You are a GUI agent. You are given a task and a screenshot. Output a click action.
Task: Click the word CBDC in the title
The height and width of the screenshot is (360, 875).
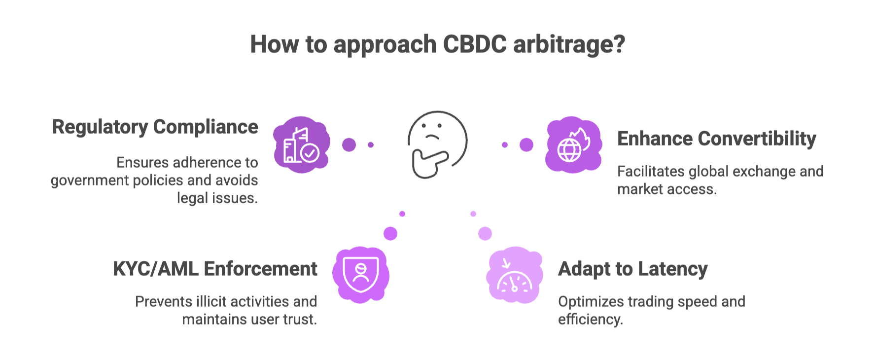coord(474,44)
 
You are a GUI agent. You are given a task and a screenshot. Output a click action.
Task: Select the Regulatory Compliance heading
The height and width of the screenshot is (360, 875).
coord(155,127)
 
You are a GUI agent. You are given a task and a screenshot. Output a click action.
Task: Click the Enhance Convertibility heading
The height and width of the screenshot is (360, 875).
coord(716,139)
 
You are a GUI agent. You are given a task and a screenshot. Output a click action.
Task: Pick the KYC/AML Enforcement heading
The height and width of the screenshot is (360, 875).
coord(215,269)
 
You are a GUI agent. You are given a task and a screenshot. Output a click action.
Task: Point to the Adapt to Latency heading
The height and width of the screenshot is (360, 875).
coord(632,269)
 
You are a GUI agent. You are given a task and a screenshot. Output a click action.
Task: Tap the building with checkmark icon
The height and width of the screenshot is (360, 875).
coord(301,145)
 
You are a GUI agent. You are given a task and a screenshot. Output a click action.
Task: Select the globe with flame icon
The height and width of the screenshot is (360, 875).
coord(573,144)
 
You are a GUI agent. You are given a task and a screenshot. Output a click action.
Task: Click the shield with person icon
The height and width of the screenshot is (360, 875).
coord(361,274)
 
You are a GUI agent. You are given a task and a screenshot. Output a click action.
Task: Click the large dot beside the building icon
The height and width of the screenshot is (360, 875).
coord(349,144)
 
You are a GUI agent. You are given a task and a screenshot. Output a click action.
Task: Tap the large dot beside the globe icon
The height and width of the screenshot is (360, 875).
coord(526,144)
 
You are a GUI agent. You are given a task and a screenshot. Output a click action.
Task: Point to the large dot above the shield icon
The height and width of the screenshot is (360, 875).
coord(390,233)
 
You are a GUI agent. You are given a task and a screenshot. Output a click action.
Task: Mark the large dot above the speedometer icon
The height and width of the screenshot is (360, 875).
coord(485,233)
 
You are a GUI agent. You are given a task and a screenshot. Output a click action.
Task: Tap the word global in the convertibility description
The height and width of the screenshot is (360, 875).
coord(711,172)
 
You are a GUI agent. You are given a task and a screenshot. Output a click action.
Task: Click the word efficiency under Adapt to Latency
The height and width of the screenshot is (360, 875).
coord(590,320)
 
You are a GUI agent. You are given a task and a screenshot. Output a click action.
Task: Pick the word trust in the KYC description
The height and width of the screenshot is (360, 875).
coord(300,320)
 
